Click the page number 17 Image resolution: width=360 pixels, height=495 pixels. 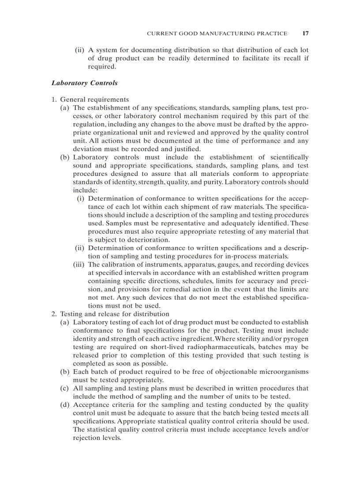[305, 33]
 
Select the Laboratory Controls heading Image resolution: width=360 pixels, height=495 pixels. [84, 83]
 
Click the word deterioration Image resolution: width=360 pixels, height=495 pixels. [148, 240]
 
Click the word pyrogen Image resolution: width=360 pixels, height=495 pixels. [296, 339]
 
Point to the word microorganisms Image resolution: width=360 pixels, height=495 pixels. [283, 372]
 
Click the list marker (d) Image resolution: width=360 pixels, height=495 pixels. [65, 405]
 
